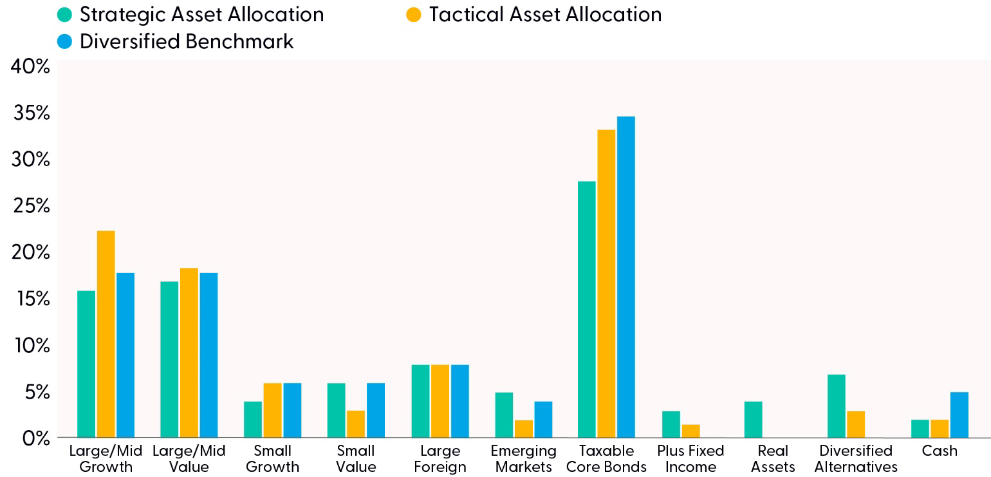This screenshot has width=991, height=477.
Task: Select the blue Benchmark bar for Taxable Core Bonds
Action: (x=625, y=277)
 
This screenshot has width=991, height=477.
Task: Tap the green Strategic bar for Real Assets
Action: (x=754, y=420)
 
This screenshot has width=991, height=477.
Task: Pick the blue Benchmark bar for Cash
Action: (x=959, y=415)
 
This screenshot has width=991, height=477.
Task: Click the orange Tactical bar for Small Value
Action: (x=356, y=424)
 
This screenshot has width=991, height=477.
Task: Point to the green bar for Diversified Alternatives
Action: (x=836, y=406)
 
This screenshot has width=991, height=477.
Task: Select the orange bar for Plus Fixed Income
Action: (x=690, y=431)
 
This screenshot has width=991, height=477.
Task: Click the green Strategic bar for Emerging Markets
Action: (x=504, y=415)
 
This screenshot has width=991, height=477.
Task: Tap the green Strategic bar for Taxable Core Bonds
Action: (x=587, y=309)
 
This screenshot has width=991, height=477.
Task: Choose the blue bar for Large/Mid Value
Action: (x=208, y=355)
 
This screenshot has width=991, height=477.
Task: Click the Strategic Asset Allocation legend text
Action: (x=201, y=14)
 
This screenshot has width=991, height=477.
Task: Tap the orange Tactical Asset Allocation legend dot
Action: (x=414, y=14)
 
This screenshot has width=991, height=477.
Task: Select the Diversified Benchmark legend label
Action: (x=187, y=41)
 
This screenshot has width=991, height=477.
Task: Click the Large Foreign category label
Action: (x=440, y=459)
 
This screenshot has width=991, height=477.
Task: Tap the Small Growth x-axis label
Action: (x=272, y=459)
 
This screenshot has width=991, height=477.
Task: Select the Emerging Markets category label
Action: (x=523, y=459)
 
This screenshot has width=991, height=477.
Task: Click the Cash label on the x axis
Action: (x=940, y=451)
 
